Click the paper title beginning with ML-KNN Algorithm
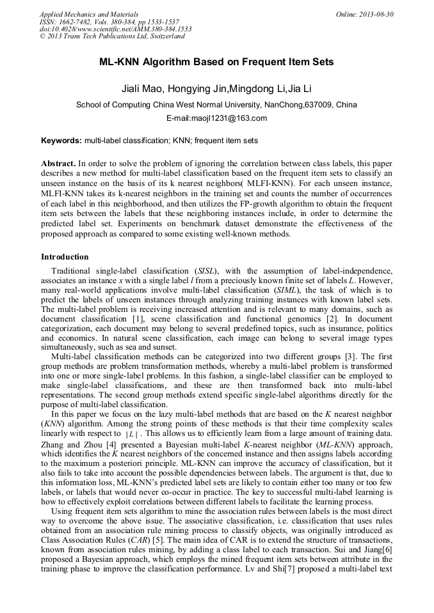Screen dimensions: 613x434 click(216, 63)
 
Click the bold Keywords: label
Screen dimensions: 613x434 click(61, 140)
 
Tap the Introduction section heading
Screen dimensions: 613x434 click(65, 257)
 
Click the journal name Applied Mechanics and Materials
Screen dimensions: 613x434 click(88, 14)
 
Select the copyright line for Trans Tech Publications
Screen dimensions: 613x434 click(112, 37)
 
